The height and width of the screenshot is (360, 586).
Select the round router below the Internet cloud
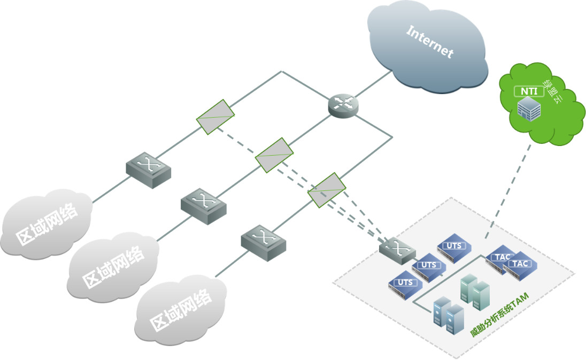coord(343,104)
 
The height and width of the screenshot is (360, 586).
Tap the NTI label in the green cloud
coord(529,91)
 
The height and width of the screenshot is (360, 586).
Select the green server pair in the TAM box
coord(475,292)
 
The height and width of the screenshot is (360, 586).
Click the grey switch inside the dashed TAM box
coord(397,250)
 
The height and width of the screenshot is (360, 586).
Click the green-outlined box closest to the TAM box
coord(327,190)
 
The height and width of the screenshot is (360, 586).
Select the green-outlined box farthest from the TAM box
coord(215,116)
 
